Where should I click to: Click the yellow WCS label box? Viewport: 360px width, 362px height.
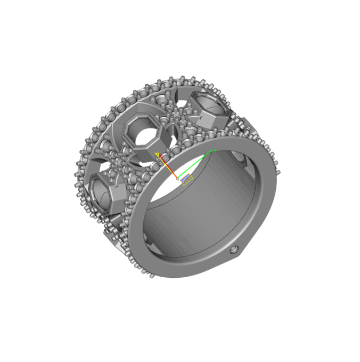[x=187, y=180]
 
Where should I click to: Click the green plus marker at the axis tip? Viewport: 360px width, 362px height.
[x=214, y=151]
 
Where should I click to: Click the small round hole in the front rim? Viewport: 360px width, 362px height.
[x=234, y=250]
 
